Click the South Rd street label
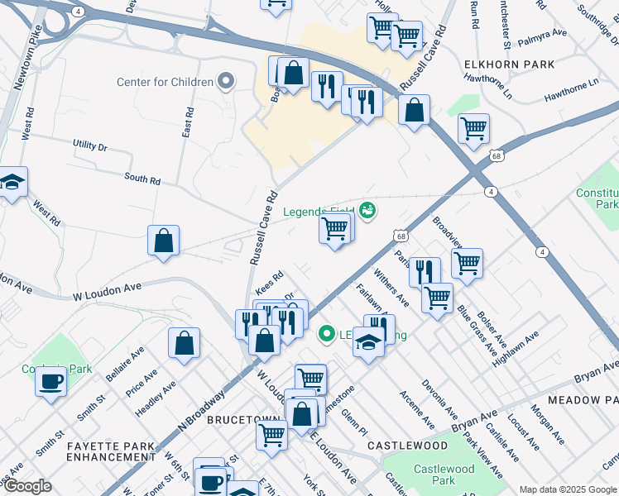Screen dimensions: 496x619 [142, 178]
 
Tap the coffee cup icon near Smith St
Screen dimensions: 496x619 [51, 382]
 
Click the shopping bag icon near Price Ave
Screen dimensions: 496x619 [184, 343]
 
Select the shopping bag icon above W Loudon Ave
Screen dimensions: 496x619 [164, 241]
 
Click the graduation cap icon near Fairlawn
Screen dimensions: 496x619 [368, 341]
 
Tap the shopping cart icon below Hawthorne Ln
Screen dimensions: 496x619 [473, 128]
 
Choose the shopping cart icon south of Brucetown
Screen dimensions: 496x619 [271, 435]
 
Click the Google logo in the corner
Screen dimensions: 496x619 [27, 487]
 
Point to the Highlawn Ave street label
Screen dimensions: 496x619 [516, 349]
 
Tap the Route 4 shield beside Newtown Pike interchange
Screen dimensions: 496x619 [77, 12]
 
